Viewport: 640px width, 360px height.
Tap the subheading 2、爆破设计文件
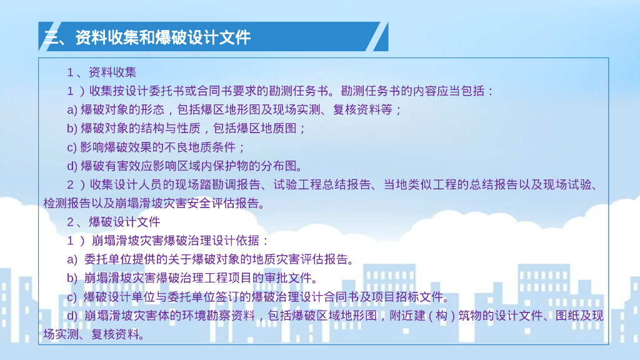pos(114,222)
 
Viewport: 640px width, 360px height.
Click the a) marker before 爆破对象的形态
pos(72,110)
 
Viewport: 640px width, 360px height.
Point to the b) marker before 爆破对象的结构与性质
pos(72,129)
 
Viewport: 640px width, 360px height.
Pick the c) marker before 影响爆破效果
pos(72,147)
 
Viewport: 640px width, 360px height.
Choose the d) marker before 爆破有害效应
pos(72,166)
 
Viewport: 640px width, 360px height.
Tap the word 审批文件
pos(290,278)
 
